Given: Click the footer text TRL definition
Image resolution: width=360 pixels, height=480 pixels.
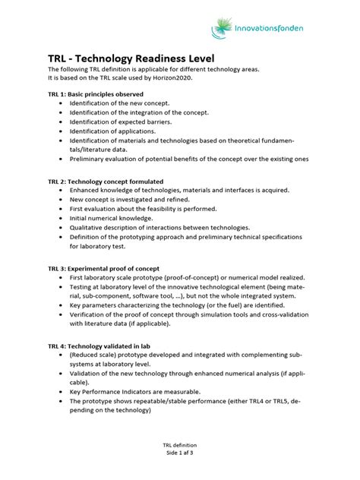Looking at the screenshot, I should coord(180,446).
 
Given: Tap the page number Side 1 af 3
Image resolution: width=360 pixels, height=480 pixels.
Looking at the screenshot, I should coord(180,453).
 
